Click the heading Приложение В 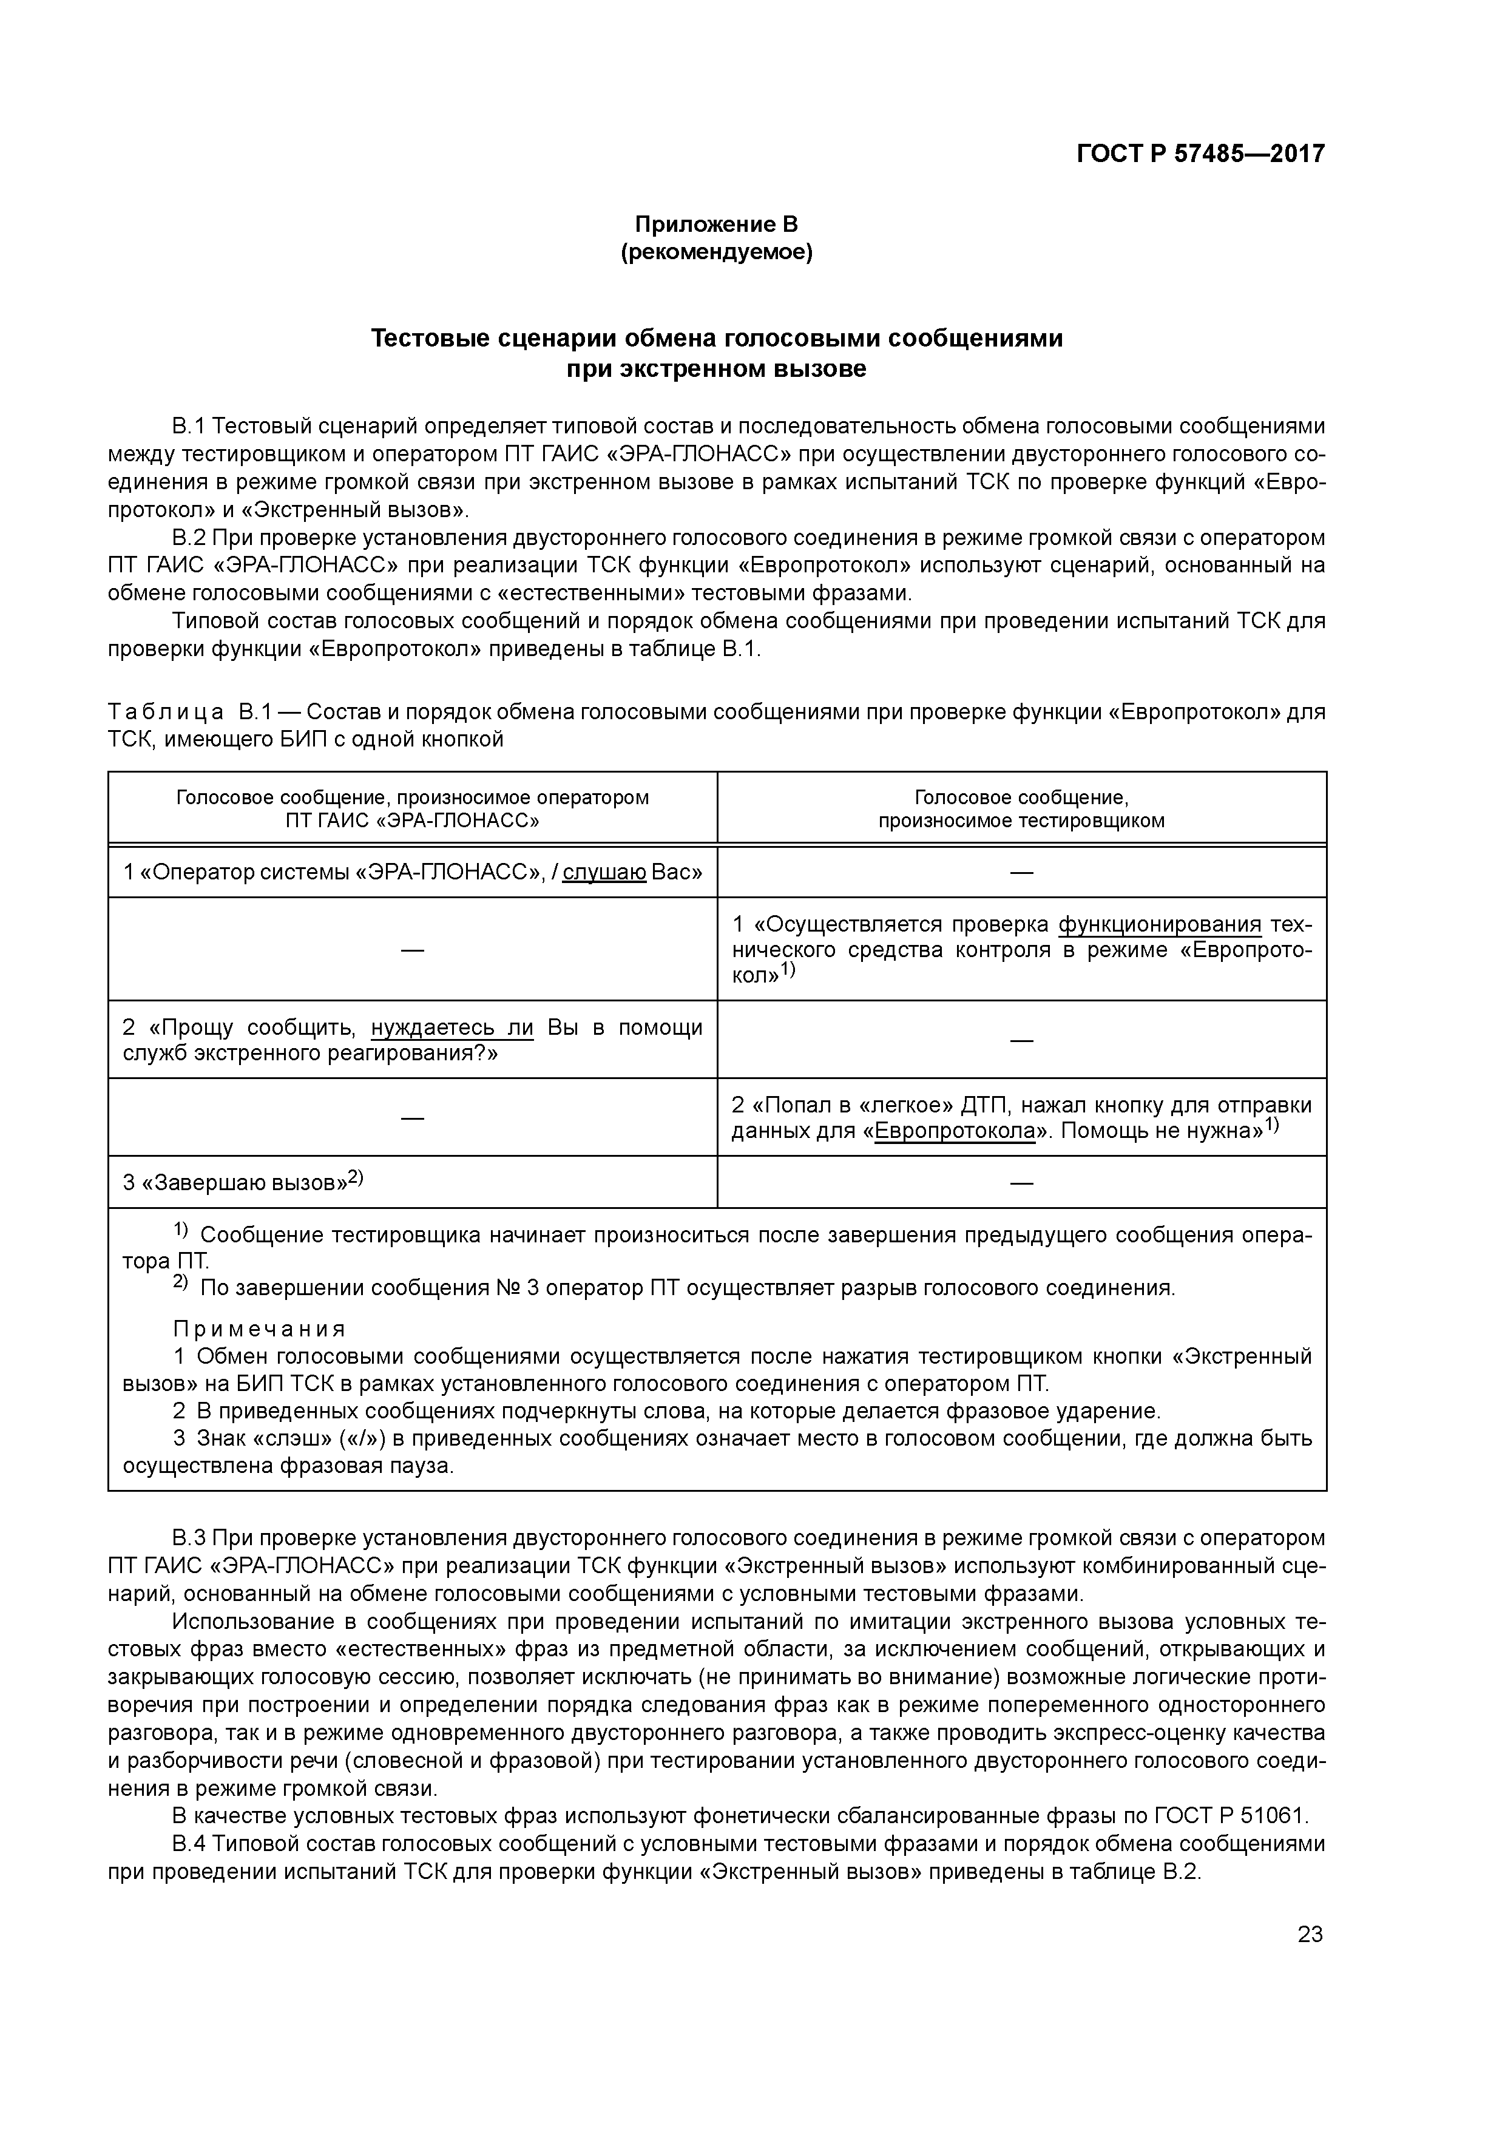[716, 225]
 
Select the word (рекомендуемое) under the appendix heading [716, 252]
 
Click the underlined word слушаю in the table [604, 873]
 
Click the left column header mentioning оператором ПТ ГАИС [413, 808]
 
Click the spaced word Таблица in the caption [166, 712]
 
